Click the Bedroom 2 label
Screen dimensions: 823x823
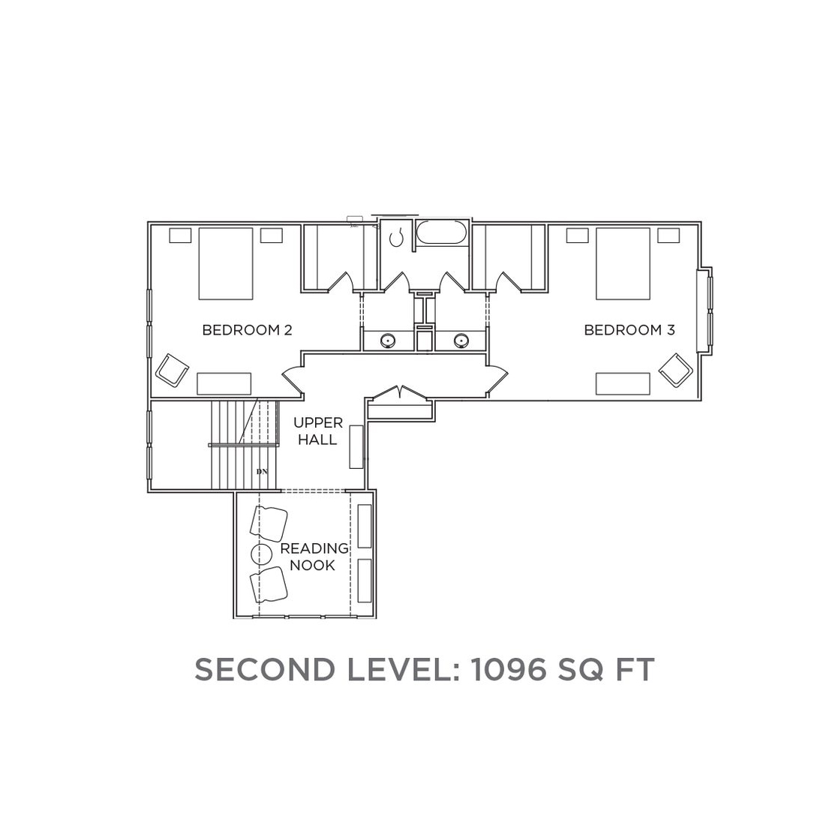coord(247,330)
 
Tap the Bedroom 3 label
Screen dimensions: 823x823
coord(629,330)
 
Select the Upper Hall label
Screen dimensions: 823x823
coord(318,431)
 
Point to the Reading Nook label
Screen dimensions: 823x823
coord(314,557)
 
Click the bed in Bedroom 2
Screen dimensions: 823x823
coord(226,263)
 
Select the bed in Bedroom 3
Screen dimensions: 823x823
coord(623,263)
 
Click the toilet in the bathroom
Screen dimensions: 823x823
coord(398,238)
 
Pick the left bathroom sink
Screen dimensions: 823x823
coord(388,340)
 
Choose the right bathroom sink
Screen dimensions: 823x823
coord(461,340)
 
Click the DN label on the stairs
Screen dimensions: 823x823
coord(262,471)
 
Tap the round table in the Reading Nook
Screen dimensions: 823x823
coord(261,554)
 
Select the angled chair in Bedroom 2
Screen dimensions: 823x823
coord(172,370)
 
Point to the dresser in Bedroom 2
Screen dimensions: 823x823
coord(224,383)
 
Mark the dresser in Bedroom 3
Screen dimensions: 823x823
coord(623,383)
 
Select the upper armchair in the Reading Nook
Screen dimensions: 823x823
coord(269,522)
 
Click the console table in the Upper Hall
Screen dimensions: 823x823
coord(357,446)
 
